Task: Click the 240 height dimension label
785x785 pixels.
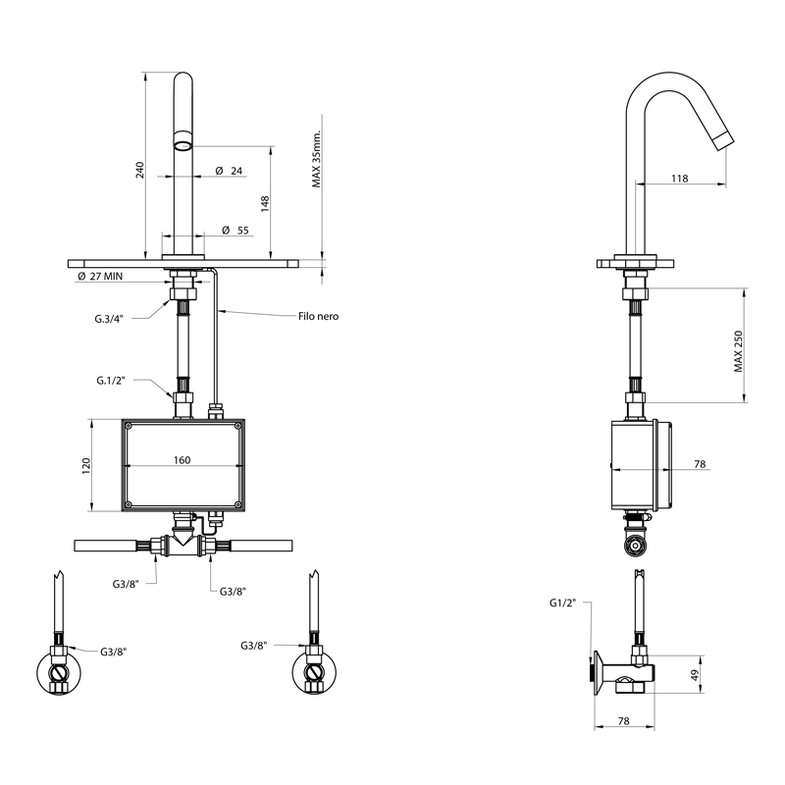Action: [x=140, y=170]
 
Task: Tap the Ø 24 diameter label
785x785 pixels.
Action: [x=229, y=171]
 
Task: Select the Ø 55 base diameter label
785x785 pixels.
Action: [x=235, y=231]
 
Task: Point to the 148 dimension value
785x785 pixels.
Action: [x=265, y=204]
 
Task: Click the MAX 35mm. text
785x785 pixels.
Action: [x=316, y=158]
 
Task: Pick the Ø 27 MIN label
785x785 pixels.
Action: [x=100, y=276]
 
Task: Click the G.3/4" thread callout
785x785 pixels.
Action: [x=109, y=318]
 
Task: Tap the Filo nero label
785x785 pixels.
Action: [x=318, y=316]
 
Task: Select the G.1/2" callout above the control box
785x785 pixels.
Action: [x=111, y=381]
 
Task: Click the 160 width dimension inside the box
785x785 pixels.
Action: [x=183, y=460]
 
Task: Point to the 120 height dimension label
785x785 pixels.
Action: [x=86, y=466]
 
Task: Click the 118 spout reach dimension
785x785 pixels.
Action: [x=679, y=179]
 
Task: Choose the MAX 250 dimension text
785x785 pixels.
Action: [x=739, y=351]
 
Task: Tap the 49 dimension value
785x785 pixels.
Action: [x=694, y=676]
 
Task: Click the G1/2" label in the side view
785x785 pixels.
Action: [x=562, y=602]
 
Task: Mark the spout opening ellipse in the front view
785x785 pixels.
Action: [x=183, y=145]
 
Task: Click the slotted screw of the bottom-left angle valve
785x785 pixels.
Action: [x=59, y=672]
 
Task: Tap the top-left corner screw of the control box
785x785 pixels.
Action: [x=129, y=426]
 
